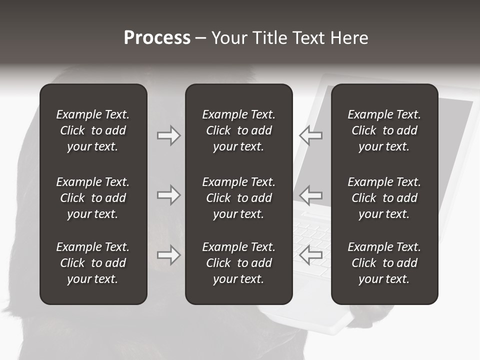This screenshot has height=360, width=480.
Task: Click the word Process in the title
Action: pyautogui.click(x=157, y=38)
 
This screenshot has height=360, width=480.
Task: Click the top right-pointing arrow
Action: pyautogui.click(x=168, y=135)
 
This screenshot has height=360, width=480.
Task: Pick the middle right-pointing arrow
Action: pyautogui.click(x=168, y=194)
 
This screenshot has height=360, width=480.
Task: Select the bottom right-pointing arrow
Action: pyautogui.click(x=168, y=255)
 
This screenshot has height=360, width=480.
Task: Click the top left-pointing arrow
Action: pyautogui.click(x=310, y=135)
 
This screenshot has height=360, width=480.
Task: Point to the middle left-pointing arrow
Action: pyautogui.click(x=310, y=194)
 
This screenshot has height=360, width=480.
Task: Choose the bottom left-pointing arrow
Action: pyautogui.click(x=310, y=255)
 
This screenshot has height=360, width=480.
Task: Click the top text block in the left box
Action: pyautogui.click(x=93, y=130)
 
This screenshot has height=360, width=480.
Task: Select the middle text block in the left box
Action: pyautogui.click(x=93, y=198)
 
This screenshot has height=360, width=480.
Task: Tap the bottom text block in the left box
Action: pyautogui.click(x=93, y=263)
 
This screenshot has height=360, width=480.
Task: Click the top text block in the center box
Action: pyautogui.click(x=238, y=130)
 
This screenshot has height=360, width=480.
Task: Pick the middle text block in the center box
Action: pyautogui.click(x=238, y=198)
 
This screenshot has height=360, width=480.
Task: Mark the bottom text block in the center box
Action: pyautogui.click(x=238, y=263)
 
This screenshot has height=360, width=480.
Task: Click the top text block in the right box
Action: pyautogui.click(x=384, y=130)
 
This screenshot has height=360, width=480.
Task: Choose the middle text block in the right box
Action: pyautogui.click(x=384, y=198)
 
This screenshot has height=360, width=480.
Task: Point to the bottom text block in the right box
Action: pyautogui.click(x=384, y=263)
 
